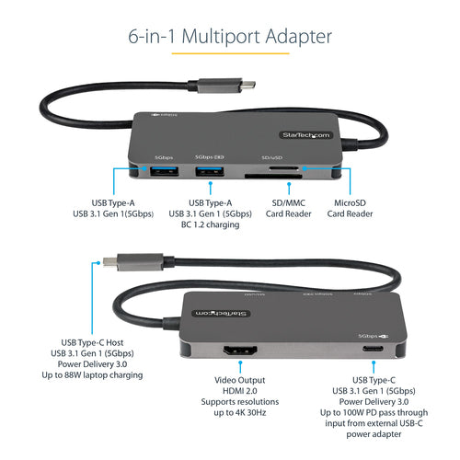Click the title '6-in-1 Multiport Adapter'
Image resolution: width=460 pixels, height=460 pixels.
(x=230, y=37)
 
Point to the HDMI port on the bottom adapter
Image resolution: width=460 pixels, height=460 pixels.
(x=238, y=351)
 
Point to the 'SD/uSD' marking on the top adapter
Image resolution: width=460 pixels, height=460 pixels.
(x=273, y=156)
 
